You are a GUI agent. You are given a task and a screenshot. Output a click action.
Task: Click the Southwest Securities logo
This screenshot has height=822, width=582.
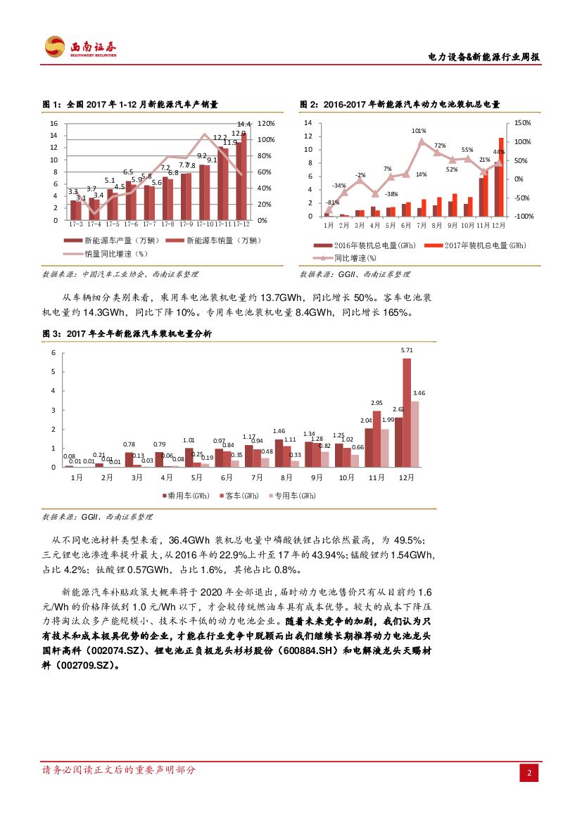click(x=80, y=47)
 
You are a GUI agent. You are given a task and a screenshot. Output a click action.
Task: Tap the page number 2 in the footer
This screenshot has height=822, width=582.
click(x=529, y=773)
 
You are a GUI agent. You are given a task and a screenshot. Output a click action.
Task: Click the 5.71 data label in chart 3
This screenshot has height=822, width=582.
click(x=407, y=349)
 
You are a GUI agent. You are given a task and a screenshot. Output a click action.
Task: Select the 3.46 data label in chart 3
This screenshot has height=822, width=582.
click(x=419, y=392)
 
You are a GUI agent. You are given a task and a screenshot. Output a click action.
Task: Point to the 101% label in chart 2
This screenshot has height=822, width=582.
click(x=419, y=131)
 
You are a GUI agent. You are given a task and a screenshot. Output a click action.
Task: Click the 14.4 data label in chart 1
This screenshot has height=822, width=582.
click(x=244, y=124)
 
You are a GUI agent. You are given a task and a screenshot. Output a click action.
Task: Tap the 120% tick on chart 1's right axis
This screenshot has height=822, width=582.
click(x=266, y=123)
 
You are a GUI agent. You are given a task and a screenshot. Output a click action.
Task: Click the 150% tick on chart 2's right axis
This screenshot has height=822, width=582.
click(x=523, y=123)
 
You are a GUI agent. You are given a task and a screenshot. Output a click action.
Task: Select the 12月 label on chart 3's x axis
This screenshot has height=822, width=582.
click(x=407, y=477)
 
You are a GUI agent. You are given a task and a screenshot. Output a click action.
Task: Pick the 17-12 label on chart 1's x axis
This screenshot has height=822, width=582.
click(x=241, y=224)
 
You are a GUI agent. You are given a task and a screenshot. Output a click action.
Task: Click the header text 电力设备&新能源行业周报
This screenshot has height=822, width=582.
click(x=484, y=57)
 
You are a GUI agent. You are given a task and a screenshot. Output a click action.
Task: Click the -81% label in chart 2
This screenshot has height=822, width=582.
click(x=332, y=202)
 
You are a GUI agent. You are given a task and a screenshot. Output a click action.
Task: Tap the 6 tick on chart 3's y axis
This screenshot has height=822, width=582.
click(x=53, y=353)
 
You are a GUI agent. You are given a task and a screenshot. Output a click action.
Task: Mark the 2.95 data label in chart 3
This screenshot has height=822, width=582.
click(x=377, y=403)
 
